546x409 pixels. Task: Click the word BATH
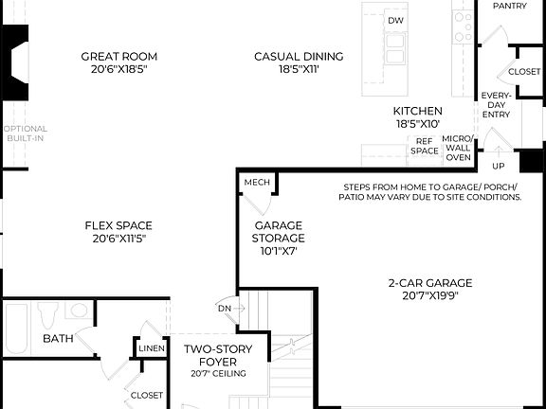pyautogui.click(x=58, y=338)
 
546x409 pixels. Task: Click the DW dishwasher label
pyautogui.click(x=396, y=21)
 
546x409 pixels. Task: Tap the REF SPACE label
pyautogui.click(x=425, y=146)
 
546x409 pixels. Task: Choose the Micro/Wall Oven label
pyautogui.click(x=458, y=147)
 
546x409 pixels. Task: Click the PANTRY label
pyautogui.click(x=510, y=6)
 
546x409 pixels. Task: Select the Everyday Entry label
pyautogui.click(x=496, y=105)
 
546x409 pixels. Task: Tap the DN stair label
pyautogui.click(x=225, y=308)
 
